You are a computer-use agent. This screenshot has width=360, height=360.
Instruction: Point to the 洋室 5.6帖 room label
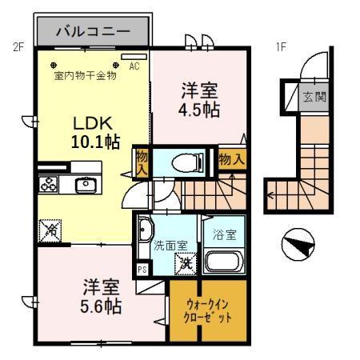(x=99, y=295)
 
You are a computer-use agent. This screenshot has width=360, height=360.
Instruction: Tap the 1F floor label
(x=281, y=46)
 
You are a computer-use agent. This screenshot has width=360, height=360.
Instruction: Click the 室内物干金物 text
(x=86, y=76)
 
